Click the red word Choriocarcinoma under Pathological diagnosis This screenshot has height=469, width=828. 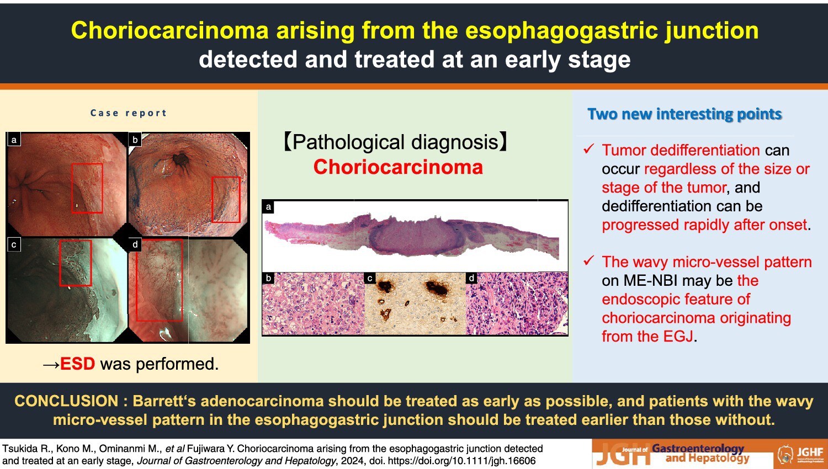tap(398, 167)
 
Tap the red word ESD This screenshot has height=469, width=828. tap(78, 364)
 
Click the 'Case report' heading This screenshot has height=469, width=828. tap(129, 113)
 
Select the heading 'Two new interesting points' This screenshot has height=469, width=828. tap(684, 114)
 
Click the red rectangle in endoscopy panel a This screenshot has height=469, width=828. tap(72, 188)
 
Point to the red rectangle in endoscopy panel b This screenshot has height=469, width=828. tap(212, 200)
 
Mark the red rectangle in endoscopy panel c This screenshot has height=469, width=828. tap(60, 263)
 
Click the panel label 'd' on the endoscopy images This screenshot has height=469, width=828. tap(135, 244)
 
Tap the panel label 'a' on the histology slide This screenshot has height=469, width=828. tap(269, 207)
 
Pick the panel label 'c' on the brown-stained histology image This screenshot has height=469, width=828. tap(370, 278)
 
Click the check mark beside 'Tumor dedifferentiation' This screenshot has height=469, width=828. tap(588, 148)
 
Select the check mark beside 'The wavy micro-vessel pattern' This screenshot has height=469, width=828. tap(588, 260)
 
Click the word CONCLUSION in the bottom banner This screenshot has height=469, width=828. tap(66, 401)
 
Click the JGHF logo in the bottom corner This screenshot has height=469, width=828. tap(800, 454)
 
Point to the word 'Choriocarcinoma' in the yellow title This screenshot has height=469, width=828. tap(169, 30)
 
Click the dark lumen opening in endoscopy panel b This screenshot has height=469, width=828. tap(181, 159)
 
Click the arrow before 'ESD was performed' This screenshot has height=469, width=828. tap(51, 365)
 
